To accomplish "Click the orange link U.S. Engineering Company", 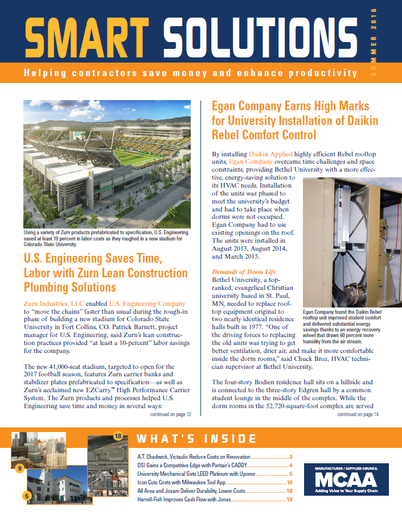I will [x=147, y=304].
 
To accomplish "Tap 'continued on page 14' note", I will [x=358, y=414].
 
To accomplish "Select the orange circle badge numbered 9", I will [x=19, y=468].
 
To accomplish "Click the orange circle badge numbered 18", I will [x=118, y=435].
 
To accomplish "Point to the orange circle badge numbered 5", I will [x=27, y=496].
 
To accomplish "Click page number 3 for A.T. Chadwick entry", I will [x=290, y=456].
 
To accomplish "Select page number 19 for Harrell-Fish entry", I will [x=289, y=499].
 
